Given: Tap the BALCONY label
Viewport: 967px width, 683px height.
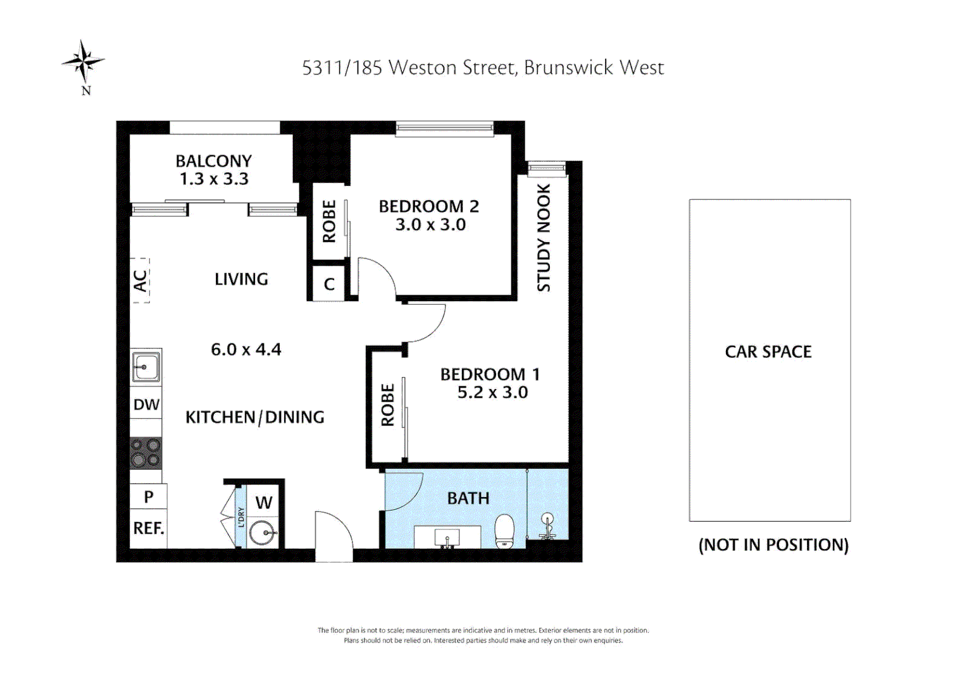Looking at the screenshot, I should [213, 161].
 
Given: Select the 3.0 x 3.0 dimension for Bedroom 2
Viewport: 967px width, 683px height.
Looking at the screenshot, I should [430, 225].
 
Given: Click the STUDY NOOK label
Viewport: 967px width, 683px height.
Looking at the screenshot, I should [544, 238].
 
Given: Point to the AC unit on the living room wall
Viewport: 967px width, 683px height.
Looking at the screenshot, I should [140, 280].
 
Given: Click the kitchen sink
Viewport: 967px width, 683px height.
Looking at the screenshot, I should [146, 367].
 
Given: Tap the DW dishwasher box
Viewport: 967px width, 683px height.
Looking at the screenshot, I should [146, 405].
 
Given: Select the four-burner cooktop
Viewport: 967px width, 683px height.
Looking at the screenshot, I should [146, 453].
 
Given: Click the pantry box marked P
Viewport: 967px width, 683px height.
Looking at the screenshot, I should [149, 497].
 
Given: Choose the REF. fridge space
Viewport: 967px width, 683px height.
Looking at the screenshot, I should [149, 528].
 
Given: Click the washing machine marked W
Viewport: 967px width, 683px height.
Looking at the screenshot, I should [264, 503].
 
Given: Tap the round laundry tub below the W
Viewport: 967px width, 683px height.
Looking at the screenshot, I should [262, 533].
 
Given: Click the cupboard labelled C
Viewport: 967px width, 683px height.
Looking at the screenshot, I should [329, 284].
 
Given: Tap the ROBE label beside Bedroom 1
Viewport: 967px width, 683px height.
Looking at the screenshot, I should [387, 405].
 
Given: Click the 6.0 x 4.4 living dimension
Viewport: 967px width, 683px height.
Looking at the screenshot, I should [246, 350].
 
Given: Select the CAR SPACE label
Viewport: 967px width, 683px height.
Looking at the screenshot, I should [768, 352].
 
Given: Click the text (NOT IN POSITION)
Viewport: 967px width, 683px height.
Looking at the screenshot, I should [773, 545].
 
